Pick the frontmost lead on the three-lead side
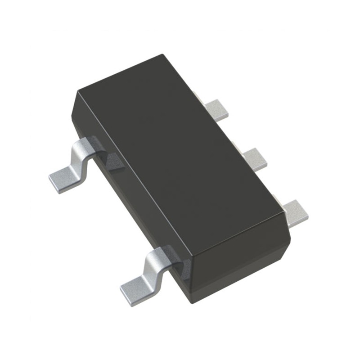pos(295,212)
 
